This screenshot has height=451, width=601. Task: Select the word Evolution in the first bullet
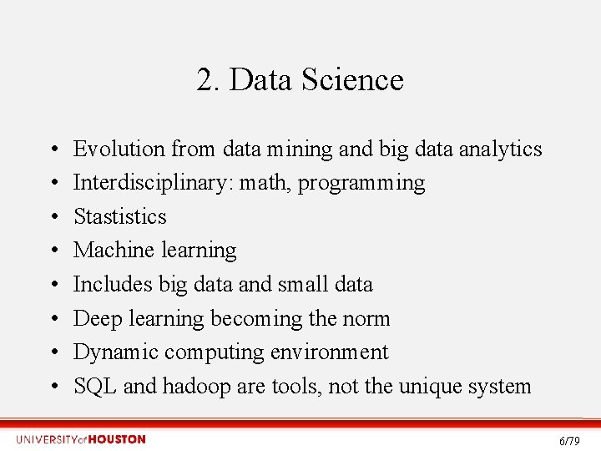pos(119,149)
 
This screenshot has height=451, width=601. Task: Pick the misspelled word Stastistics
pos(120,216)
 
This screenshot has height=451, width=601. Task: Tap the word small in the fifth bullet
pos(301,285)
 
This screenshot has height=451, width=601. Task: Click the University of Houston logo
pos(81,439)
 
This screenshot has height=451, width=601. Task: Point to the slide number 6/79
pos(569,441)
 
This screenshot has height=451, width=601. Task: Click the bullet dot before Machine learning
pos(52,251)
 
